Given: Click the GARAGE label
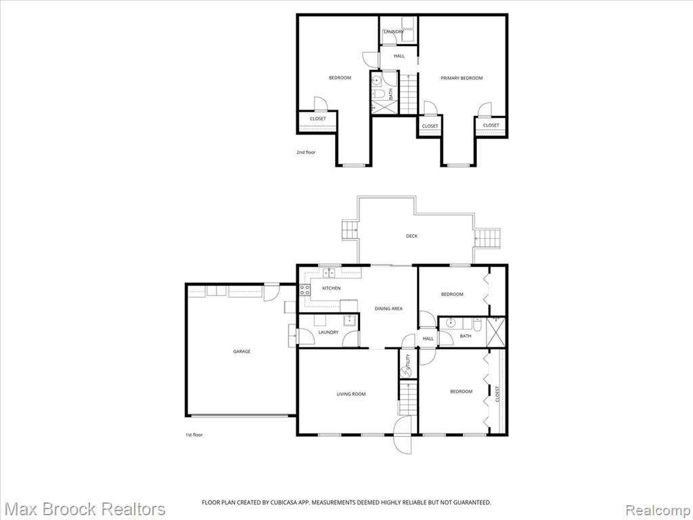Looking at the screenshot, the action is coord(242,351).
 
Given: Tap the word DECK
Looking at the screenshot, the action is coord(411,236).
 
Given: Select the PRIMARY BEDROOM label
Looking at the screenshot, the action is coord(462,79).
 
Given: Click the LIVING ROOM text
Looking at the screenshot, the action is coord(351,394).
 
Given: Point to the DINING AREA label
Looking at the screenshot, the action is coord(388,309).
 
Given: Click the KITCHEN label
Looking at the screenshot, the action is coord(331,288).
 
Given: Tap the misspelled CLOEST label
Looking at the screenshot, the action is coord(497,394).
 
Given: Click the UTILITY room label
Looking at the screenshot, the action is coord(408,362).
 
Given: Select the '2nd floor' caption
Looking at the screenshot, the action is coord(306,152).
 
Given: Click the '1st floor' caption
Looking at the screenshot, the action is coord(194,435).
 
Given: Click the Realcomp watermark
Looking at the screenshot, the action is coord(658,510).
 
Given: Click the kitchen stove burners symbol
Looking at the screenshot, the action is coord(305,290).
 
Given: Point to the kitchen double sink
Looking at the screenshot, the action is coord(329,273).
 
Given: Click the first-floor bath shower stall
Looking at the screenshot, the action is coord(495,332).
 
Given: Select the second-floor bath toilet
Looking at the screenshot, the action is coord(378,93).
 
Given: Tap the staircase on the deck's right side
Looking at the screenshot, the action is coord(487,238).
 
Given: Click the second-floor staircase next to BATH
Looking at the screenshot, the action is coord(408,93).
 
